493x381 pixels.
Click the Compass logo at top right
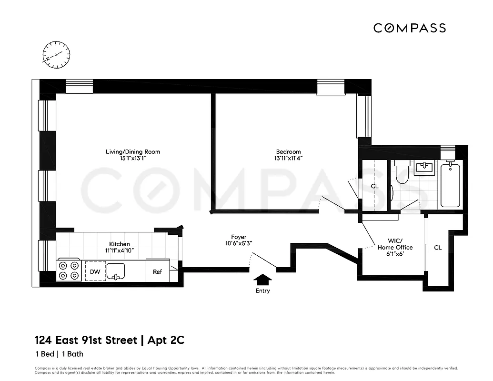coord(409,28)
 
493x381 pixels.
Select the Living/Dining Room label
coord(133,152)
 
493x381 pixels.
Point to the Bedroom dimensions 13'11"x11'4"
coord(288,159)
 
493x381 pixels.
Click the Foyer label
coord(239,237)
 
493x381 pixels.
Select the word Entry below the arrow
coord(262,291)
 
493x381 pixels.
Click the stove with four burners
coord(69,271)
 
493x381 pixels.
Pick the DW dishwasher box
coord(95,271)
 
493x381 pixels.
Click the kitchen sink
coord(115,271)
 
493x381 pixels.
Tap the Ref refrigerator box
coord(157,271)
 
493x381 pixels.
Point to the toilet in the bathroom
coord(402,172)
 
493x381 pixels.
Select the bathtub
coord(450,185)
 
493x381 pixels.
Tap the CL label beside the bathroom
coord(375,186)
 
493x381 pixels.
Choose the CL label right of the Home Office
coord(438,248)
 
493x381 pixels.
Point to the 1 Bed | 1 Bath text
coord(59,354)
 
